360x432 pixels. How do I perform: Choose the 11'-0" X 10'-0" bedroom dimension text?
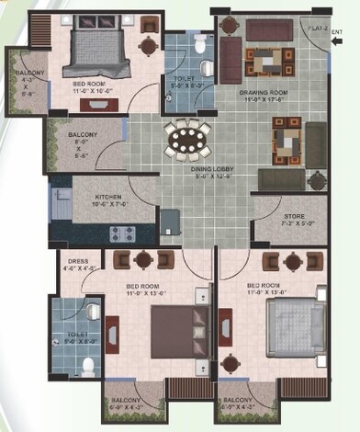(95, 92)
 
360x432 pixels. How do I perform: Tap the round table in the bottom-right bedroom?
(293, 263)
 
